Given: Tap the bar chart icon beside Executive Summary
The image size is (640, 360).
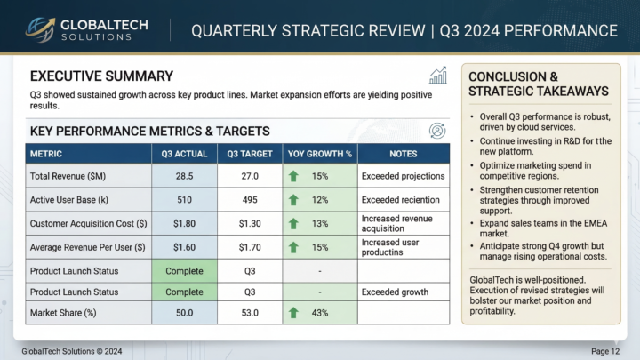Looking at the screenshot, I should (437, 76).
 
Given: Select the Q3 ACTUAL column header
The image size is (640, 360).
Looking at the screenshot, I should (184, 154).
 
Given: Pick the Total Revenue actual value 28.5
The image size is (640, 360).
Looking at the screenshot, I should (184, 176).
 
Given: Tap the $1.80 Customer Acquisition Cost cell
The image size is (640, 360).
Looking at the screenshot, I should (184, 223).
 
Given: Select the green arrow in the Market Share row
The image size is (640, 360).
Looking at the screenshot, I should (293, 312).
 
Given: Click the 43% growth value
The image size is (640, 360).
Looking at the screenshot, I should (320, 312).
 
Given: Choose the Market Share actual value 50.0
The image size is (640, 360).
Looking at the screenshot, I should (184, 312).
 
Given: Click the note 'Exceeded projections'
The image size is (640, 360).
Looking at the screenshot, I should (402, 176).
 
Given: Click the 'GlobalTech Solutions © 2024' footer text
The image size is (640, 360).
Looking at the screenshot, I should (72, 351).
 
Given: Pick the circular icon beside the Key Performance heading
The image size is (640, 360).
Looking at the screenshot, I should (437, 131).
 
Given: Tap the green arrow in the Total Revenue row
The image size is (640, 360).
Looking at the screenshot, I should (293, 176).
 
